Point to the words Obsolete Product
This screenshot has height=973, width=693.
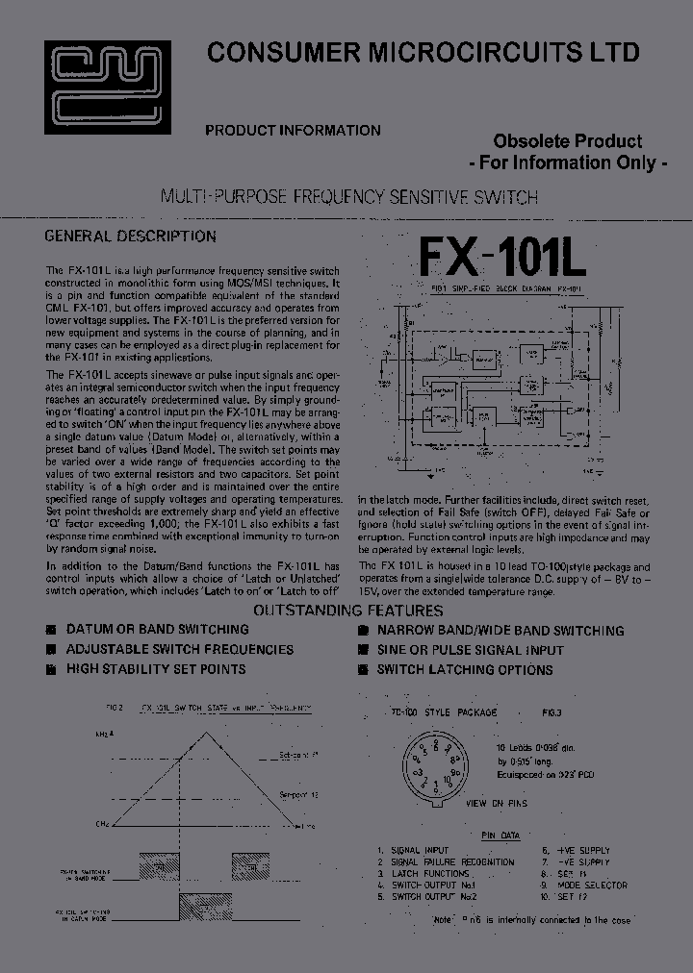click(568, 141)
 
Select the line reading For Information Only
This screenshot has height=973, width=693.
click(568, 162)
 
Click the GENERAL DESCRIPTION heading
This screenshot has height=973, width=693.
click(131, 237)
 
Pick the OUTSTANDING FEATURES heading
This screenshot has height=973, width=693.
click(347, 611)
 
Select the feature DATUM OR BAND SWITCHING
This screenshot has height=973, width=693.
click(157, 630)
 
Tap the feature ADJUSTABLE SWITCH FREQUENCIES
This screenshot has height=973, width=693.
click(179, 650)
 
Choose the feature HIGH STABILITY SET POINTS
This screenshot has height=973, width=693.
click(155, 669)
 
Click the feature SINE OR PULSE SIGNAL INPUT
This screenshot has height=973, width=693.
click(470, 651)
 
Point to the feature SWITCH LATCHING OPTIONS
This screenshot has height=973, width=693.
click(464, 670)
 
